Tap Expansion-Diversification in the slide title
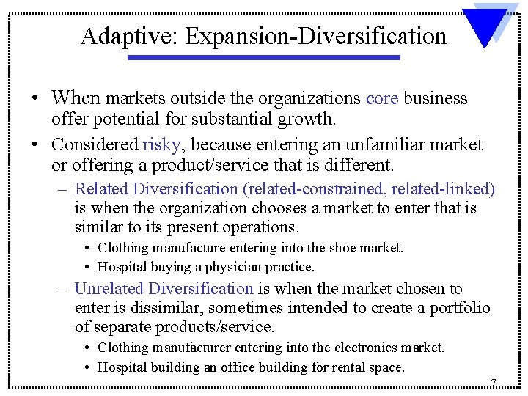316,35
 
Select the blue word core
381,98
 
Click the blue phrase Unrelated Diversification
164,289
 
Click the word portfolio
459,308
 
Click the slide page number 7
494,383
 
